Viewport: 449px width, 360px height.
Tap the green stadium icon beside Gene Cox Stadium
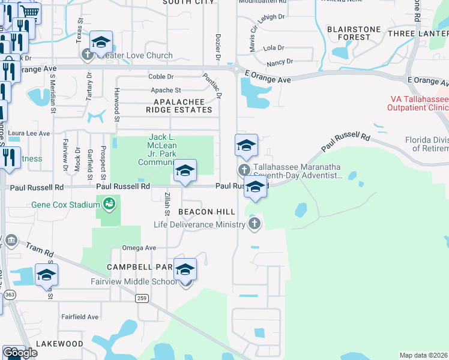[109, 205]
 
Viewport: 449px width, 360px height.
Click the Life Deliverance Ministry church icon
[255, 224]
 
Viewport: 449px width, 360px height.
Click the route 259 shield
[142, 298]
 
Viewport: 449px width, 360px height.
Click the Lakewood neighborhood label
[59, 344]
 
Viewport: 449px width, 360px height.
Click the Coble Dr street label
[161, 77]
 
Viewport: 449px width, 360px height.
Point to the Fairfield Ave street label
[80, 317]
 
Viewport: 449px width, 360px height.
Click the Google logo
[20, 353]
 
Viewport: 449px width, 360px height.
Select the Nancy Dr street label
[280, 61]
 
